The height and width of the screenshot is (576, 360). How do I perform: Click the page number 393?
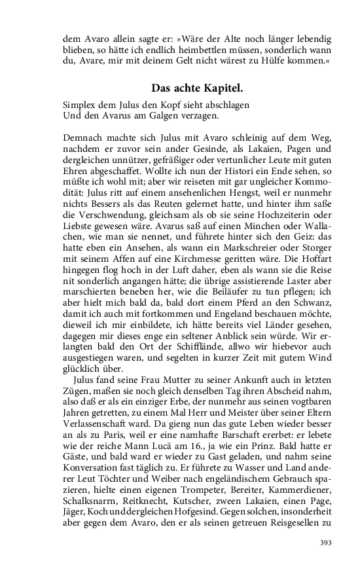click(325, 543)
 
